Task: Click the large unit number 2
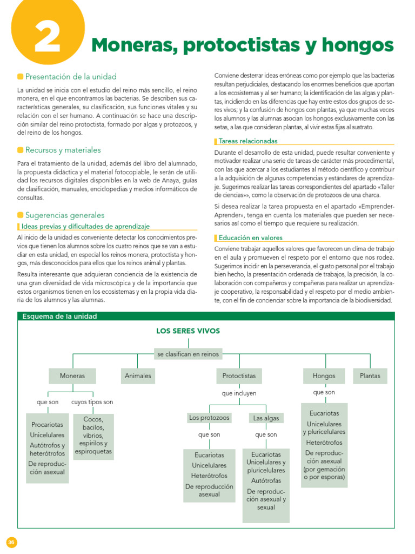click(x=48, y=37)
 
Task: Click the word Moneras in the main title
click(x=132, y=45)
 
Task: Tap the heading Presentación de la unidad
click(x=70, y=76)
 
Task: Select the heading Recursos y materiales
click(x=63, y=150)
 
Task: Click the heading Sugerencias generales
click(x=65, y=215)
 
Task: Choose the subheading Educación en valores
click(x=250, y=238)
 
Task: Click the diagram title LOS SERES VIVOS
click(x=188, y=331)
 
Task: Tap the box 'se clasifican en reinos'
click(x=188, y=354)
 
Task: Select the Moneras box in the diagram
click(x=72, y=375)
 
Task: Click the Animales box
click(x=138, y=375)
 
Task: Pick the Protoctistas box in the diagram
click(x=239, y=375)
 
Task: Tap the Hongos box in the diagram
click(x=324, y=375)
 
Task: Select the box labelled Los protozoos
click(x=209, y=418)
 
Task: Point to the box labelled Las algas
click(x=266, y=418)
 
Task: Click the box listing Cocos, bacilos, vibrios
click(x=93, y=436)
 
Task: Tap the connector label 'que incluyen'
click(x=239, y=393)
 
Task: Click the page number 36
click(x=11, y=542)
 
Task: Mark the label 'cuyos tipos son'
click(x=92, y=402)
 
